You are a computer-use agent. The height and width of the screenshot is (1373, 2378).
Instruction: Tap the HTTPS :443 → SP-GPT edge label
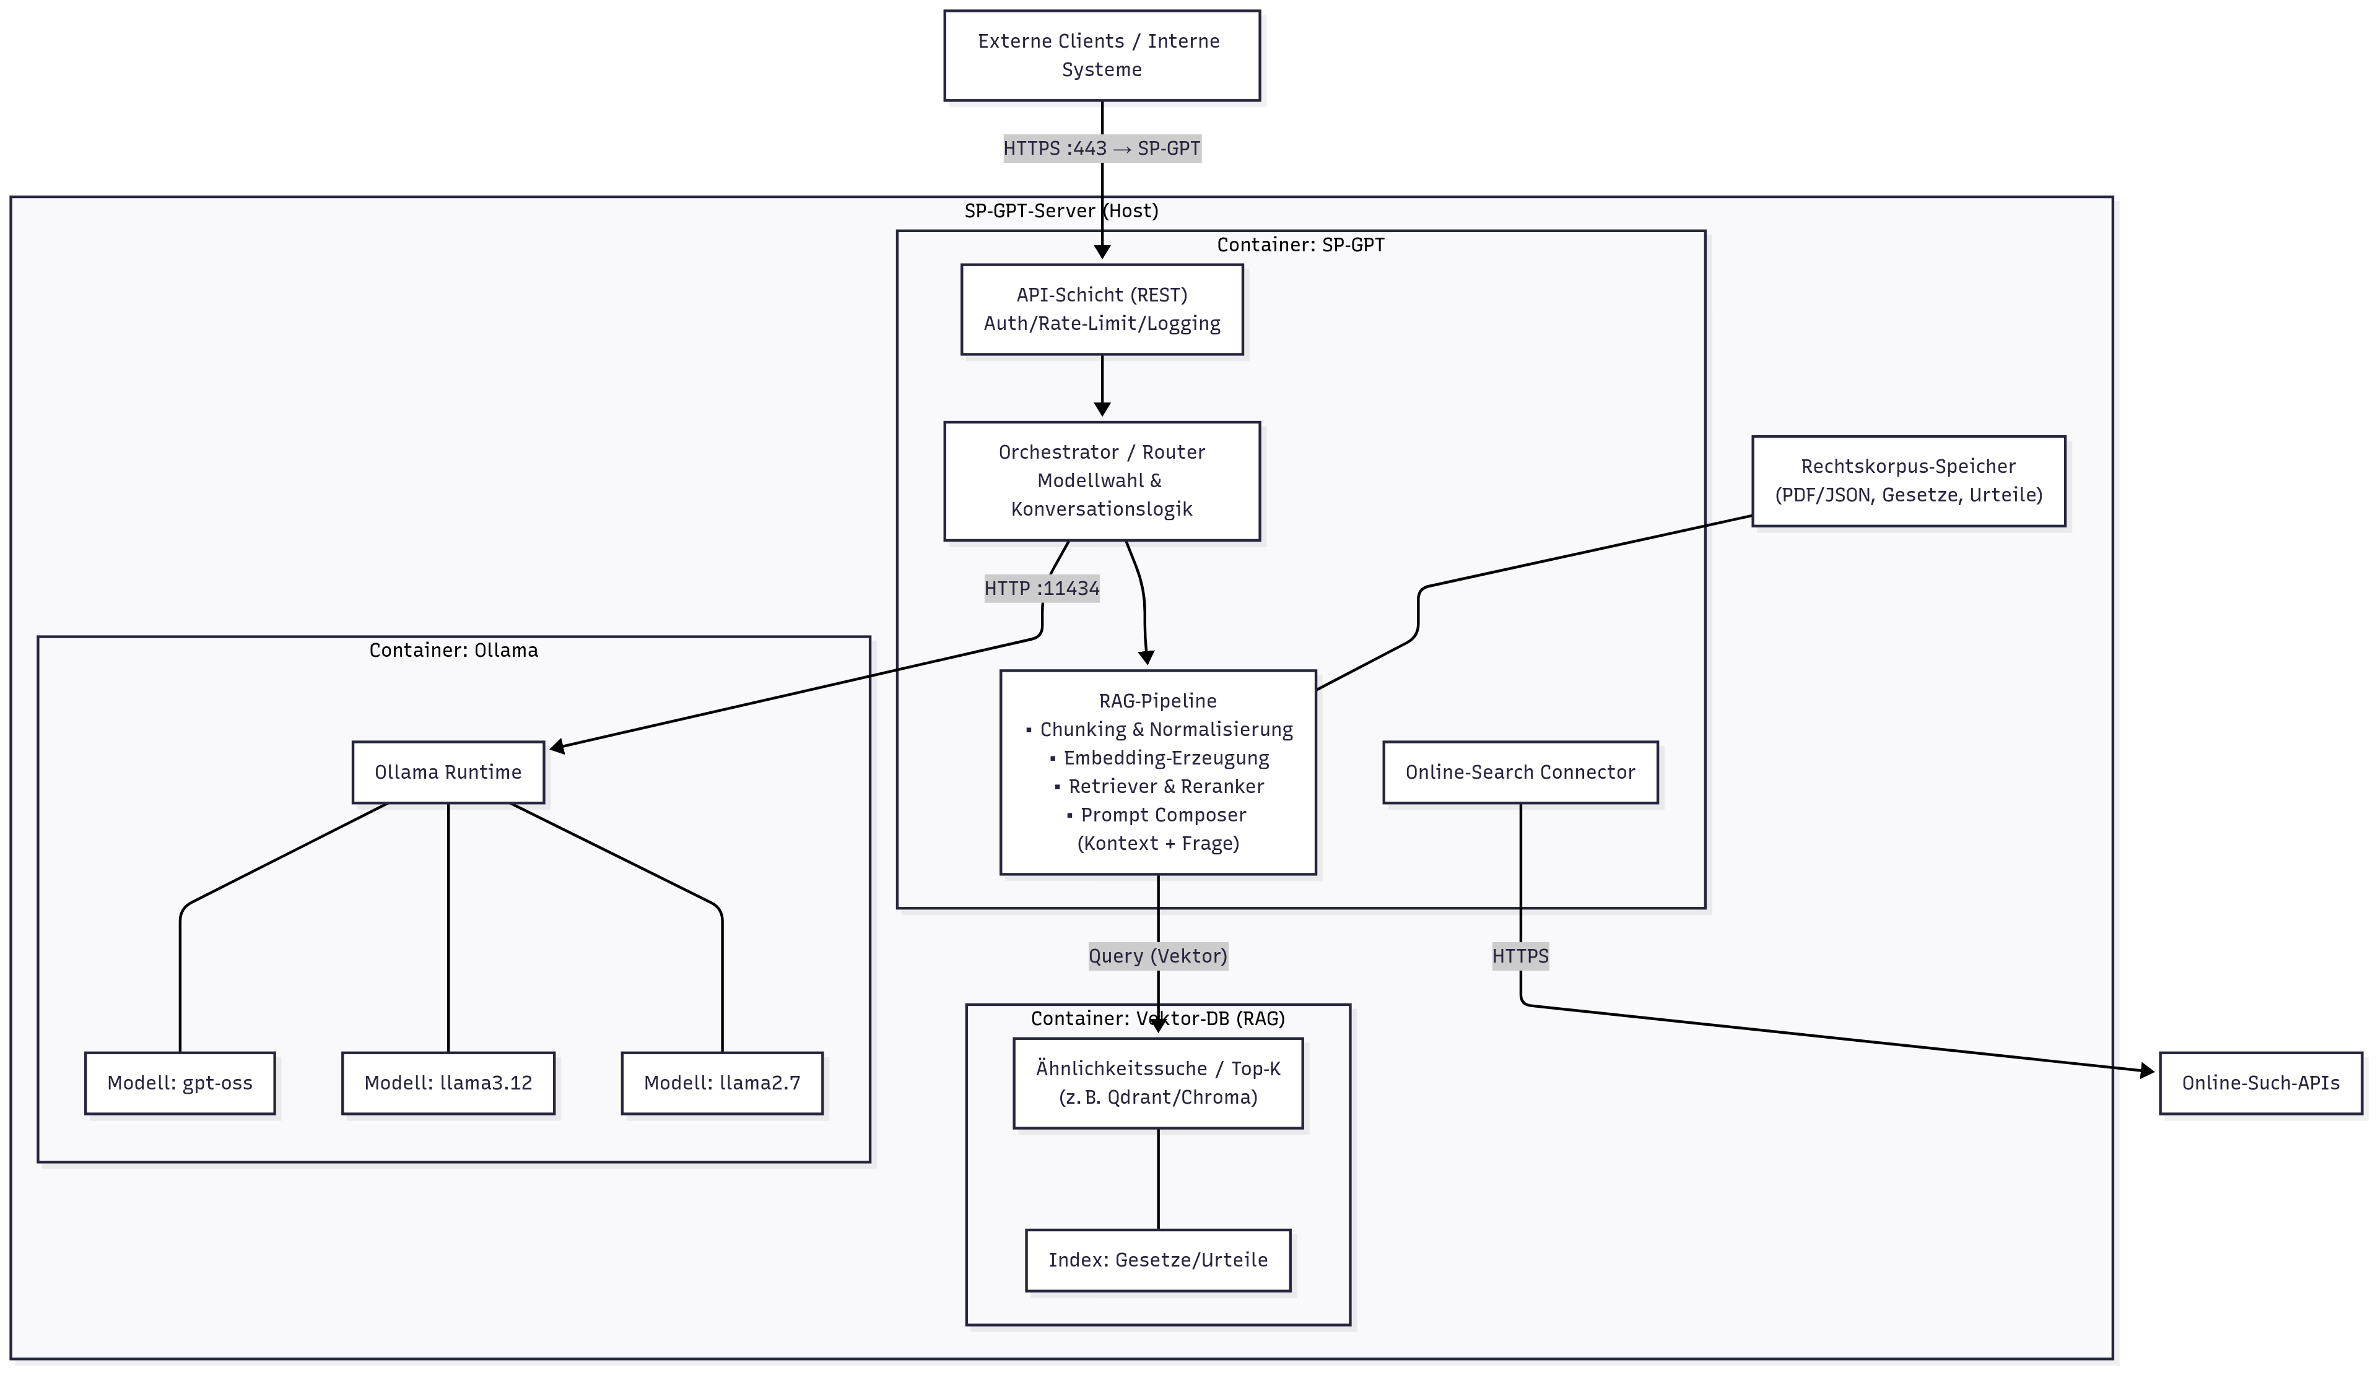coord(1101,148)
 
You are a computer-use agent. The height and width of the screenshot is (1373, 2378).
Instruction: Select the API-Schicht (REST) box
coord(1101,310)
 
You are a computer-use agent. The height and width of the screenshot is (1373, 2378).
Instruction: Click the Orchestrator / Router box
coord(1101,481)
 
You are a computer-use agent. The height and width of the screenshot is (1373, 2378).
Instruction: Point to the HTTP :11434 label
coord(1042,589)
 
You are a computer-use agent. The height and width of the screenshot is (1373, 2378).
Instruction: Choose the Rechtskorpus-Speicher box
coord(1907,481)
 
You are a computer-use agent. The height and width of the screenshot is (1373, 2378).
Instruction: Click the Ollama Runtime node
coord(448,773)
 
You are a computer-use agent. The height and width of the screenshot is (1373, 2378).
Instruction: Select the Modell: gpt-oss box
coord(180,1083)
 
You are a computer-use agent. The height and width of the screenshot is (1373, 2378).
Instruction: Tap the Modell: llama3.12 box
coord(448,1083)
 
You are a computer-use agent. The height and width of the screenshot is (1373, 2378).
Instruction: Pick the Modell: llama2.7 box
coord(721,1083)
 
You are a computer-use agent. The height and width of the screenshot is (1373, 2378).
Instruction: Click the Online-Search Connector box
coord(1520,773)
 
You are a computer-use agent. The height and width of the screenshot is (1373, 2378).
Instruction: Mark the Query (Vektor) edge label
coord(1157,956)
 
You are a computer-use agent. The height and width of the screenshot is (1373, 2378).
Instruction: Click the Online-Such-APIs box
coord(2260,1083)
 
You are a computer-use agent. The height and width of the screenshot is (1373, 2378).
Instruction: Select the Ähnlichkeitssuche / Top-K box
coord(1157,1083)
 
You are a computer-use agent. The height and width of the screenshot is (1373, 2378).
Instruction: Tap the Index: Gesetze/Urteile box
coord(1157,1260)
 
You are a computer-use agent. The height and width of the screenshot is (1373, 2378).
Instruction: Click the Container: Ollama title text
coord(454,651)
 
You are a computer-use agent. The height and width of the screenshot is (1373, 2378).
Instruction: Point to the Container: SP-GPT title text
coord(1300,245)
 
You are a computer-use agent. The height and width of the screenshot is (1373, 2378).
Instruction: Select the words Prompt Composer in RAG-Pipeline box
coord(1162,815)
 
